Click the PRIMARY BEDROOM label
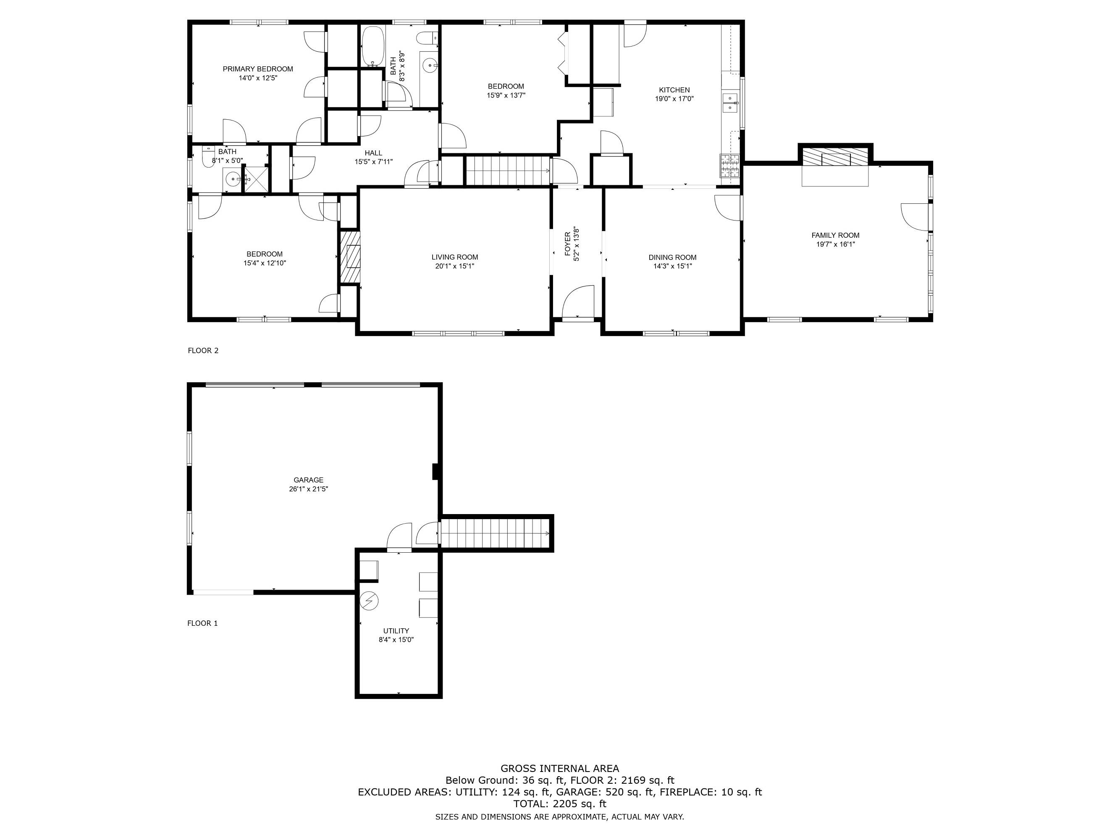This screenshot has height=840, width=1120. (258, 69)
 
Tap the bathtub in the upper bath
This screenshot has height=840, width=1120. (373, 46)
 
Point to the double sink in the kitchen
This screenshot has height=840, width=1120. (729, 103)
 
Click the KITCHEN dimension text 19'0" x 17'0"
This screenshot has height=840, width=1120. (674, 99)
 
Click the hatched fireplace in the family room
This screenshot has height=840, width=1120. (835, 157)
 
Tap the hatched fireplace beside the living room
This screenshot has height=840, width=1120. (349, 257)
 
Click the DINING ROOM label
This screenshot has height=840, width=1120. (672, 257)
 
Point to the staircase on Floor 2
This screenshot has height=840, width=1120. (508, 171)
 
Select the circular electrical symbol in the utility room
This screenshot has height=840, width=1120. (369, 601)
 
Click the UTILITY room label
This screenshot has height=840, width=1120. (396, 631)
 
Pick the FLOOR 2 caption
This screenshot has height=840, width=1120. (203, 350)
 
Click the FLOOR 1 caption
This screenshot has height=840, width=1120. (202, 623)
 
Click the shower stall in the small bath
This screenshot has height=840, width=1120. (256, 179)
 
